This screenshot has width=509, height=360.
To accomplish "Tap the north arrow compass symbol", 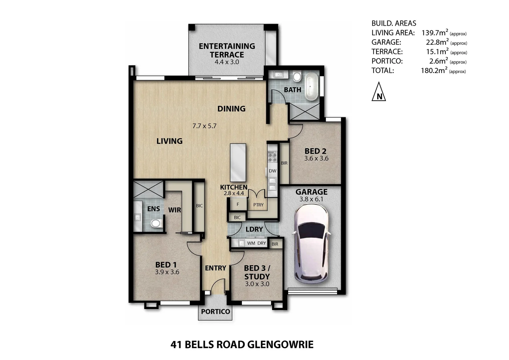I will point(379,92).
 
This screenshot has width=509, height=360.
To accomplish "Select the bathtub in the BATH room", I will point(312,87).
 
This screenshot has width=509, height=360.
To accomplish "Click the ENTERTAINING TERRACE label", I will point(227,50).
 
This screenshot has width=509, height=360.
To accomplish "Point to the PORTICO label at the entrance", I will point(216,312).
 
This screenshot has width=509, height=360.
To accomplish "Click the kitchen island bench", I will point(238,163).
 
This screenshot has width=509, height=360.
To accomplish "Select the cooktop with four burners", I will point(272,156).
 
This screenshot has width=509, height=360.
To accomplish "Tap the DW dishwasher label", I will point(272,171).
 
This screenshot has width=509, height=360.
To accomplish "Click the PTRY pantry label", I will point(258,205).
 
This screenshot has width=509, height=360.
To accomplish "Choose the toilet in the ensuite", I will point(155,223).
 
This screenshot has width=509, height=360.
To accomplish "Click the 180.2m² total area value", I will point(434,70).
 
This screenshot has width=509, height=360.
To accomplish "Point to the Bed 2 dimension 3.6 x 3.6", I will point(316,159).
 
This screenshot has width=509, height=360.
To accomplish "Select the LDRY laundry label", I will point(254,229).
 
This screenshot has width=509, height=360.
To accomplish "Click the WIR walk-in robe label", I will point(175,210).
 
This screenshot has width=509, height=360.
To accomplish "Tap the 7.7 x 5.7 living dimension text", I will point(205,126).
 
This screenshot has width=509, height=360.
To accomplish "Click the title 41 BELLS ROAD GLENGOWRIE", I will point(242,344).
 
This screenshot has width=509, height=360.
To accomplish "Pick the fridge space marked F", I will point(238,204).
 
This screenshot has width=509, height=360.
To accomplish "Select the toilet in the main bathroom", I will point(297,76).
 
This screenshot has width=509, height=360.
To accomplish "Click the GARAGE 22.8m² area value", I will point(437,42).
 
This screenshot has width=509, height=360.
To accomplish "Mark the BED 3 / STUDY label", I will point(257,272).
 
